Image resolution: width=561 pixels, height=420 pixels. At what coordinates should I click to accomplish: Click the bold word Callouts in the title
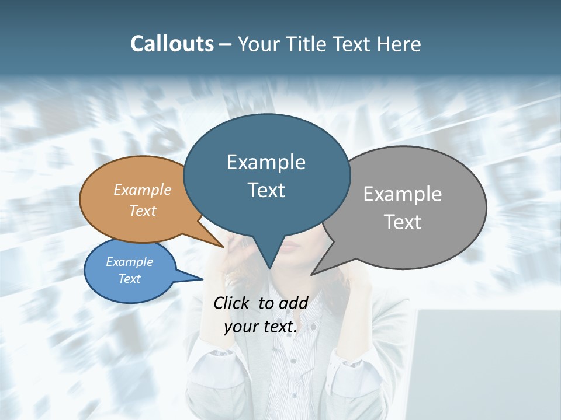coord(172,44)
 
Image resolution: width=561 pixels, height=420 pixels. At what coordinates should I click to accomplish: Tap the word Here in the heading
coord(400,44)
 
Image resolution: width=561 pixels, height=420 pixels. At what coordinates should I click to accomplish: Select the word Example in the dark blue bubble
coord(266,162)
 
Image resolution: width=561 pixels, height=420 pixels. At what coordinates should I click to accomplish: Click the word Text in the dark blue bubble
coord(266,190)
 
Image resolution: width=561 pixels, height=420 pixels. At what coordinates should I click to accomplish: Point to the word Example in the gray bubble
coord(403,194)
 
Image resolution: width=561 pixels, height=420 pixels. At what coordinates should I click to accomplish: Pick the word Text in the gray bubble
coord(403,222)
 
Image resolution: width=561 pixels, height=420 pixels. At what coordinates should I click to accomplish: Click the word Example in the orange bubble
coord(143,190)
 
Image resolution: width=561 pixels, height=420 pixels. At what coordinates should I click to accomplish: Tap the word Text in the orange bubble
coord(143,211)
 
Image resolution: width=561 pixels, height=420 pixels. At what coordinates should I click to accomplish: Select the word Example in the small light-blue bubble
coord(129,262)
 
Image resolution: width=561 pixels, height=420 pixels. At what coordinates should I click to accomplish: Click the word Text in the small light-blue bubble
coord(129,279)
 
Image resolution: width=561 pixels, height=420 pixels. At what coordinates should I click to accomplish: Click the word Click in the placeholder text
coord(232,303)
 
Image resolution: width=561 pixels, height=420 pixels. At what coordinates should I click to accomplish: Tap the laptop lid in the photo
coord(485,362)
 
